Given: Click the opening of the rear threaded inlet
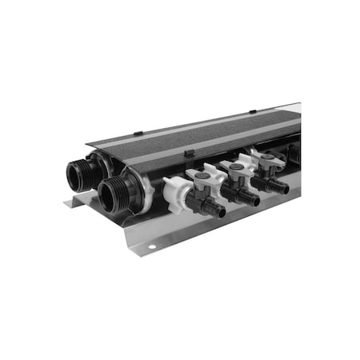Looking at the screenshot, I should (77, 172).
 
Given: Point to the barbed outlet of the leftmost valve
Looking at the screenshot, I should (214, 210).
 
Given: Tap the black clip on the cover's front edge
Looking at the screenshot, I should (190, 151).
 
